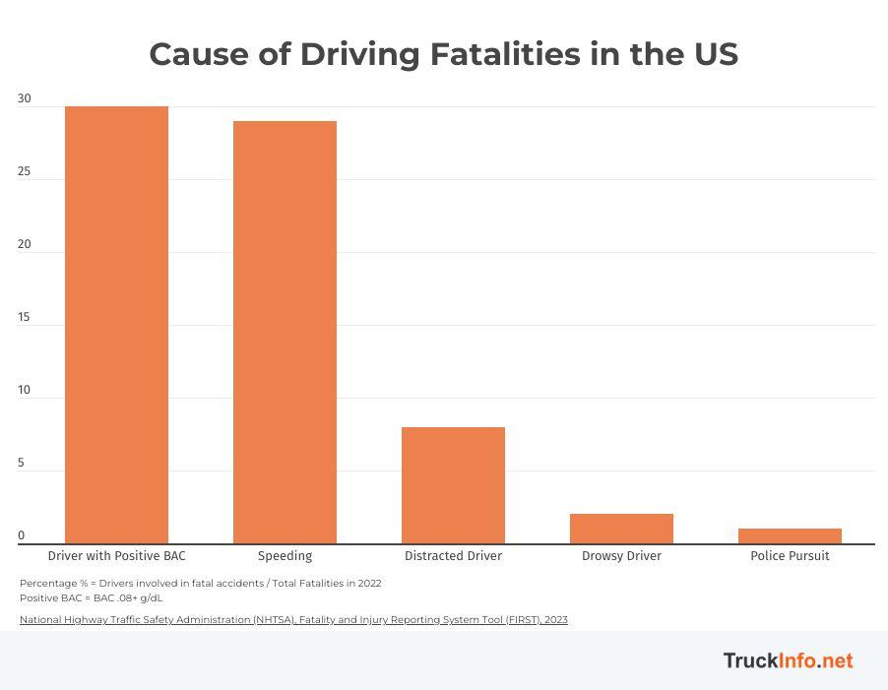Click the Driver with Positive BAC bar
(116, 325)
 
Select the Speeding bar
(285, 332)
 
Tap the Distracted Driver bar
(453, 485)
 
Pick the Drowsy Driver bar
(621, 529)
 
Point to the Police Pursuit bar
(790, 536)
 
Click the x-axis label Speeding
(285, 556)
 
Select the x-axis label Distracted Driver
(453, 556)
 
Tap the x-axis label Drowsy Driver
(621, 556)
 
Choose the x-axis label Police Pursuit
(790, 556)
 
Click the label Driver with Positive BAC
(116, 556)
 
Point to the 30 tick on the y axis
(24, 98)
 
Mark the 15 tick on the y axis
(24, 317)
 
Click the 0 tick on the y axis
(21, 536)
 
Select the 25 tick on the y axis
(24, 171)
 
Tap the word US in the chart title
(715, 54)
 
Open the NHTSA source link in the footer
(293, 620)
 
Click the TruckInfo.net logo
(788, 660)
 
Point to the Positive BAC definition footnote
(92, 597)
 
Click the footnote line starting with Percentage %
(200, 583)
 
